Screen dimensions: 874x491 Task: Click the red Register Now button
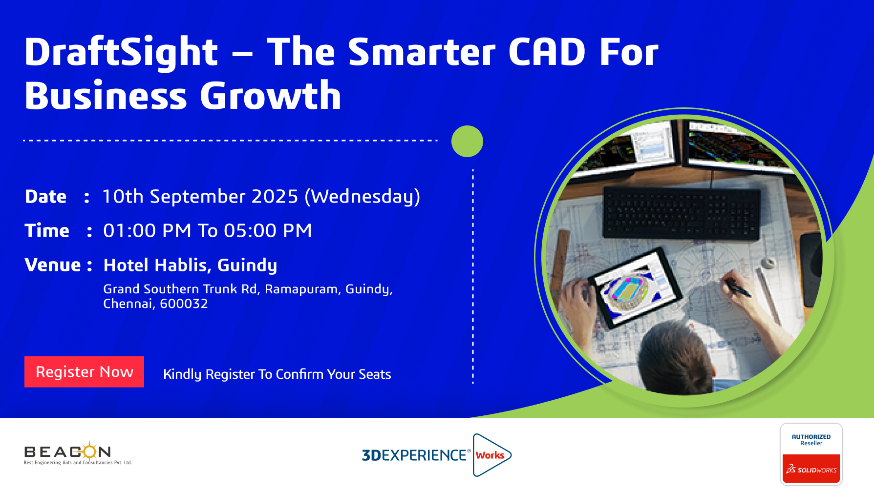[x=84, y=372]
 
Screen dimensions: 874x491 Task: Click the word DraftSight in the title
[x=121, y=53]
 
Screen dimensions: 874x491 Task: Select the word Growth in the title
[x=271, y=95]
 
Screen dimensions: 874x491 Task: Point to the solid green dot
[x=467, y=141]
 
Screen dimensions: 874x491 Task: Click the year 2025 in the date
[x=275, y=197]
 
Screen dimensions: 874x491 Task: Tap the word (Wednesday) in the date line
[x=362, y=197]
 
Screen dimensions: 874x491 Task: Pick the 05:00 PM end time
[x=268, y=230]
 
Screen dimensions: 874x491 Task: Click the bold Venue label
[x=53, y=265]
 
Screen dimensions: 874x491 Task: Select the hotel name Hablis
[x=183, y=266]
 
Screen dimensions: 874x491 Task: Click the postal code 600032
[x=184, y=304]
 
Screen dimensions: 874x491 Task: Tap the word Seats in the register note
[x=375, y=374]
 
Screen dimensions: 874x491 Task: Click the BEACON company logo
[x=78, y=453]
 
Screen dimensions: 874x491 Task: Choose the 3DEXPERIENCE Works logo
[x=436, y=455]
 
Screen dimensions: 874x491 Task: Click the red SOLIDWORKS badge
[x=811, y=469]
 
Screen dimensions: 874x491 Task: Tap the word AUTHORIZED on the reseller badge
[x=811, y=437]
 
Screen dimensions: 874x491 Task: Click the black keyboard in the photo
[x=682, y=213]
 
